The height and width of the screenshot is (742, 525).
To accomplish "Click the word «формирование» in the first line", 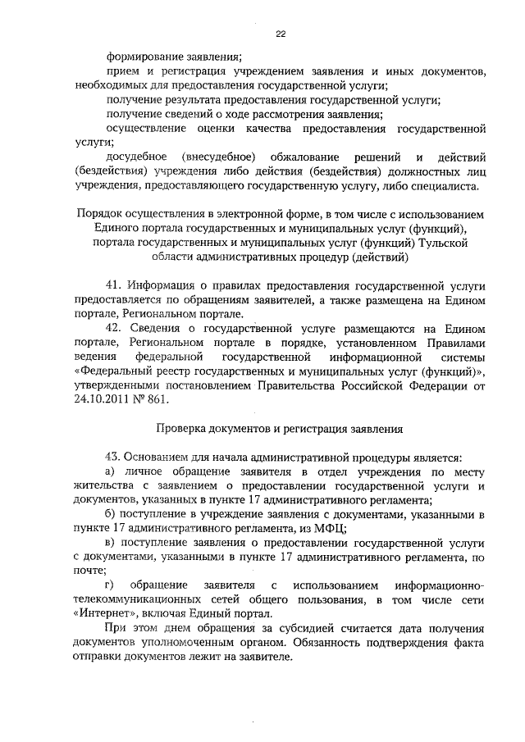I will coord(142,57).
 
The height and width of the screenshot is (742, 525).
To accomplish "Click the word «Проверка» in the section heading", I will coord(182,429).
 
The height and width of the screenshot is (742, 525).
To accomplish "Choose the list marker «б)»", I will coord(113,515).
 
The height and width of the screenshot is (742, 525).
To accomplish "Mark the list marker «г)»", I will coord(112,587).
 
